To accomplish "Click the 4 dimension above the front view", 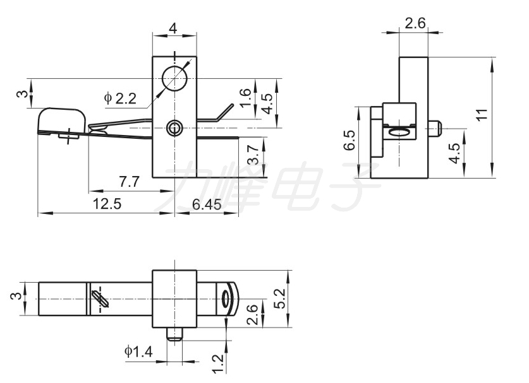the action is (x=173, y=28).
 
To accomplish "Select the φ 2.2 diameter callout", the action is (x=121, y=98).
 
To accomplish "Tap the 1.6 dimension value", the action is (x=246, y=97).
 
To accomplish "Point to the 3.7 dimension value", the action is (x=254, y=155).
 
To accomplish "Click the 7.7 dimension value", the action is (x=129, y=182).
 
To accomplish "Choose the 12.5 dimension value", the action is (x=107, y=204).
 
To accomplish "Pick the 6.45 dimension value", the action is (x=207, y=204).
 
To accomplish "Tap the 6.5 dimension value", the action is (x=350, y=140).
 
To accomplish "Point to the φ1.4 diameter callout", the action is (x=138, y=351).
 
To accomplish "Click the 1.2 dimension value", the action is (x=219, y=363).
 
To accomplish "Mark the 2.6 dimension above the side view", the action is (x=415, y=23).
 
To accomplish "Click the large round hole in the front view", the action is (x=174, y=78).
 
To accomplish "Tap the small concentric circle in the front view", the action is (x=174, y=128).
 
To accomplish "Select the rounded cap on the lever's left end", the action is (x=61, y=121).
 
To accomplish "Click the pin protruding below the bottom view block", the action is (x=174, y=334).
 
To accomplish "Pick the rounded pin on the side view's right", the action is (x=435, y=128).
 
